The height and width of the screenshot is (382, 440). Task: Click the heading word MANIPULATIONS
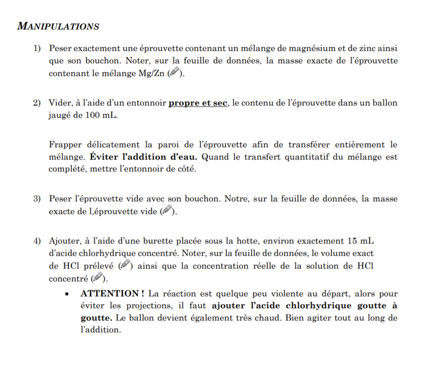pos(58,26)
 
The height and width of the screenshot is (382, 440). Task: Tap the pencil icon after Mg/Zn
pos(175,73)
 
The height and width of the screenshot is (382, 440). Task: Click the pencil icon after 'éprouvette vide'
pos(167,211)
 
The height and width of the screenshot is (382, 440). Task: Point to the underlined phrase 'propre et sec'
pos(198,103)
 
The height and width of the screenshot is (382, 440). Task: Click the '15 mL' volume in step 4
pos(360,240)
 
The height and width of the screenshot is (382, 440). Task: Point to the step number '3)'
pos(38,199)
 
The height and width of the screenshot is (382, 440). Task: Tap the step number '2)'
pos(38,103)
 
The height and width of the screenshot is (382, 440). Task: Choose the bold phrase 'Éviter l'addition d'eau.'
pos(144,157)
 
